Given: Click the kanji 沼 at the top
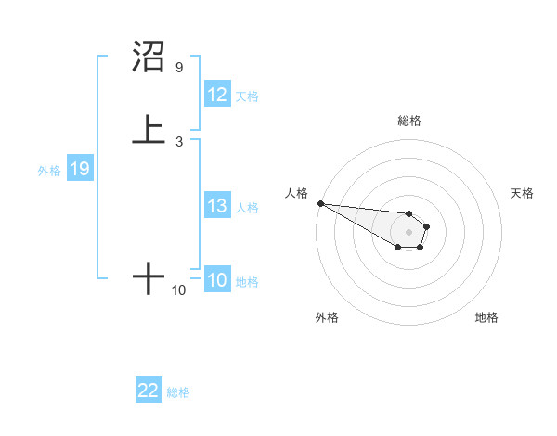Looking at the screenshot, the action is [149, 58].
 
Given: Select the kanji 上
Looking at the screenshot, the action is [149, 130].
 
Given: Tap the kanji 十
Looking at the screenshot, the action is [149, 278].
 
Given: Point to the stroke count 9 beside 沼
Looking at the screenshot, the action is [178, 68].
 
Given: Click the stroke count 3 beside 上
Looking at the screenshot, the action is [178, 141].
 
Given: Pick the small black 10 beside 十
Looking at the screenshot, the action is [178, 290].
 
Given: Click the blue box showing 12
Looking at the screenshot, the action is [217, 95].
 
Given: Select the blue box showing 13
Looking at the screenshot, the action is [217, 206].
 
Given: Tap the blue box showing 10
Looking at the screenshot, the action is [217, 280].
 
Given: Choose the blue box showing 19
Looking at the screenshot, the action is [79, 169].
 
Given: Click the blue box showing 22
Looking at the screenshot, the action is [149, 391].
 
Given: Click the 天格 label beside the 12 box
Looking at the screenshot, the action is [247, 96].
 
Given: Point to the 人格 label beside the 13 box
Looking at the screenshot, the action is [247, 207].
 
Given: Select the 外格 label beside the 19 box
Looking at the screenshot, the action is [49, 170].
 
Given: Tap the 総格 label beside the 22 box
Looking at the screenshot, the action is [178, 391].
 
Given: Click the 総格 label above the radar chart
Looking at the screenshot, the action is [409, 121].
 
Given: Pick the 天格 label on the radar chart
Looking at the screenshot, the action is [523, 193].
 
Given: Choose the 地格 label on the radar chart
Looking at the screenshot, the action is [486, 317].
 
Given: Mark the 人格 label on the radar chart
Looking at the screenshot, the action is [296, 193].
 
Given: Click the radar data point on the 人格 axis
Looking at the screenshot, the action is [320, 203].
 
